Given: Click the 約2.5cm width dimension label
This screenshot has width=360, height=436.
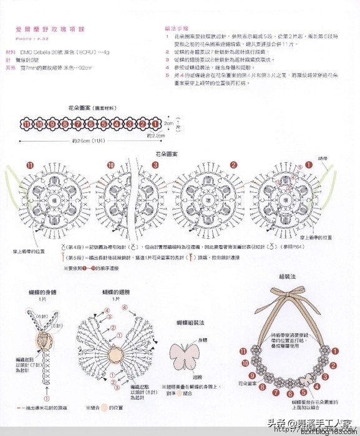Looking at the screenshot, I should point(155,135).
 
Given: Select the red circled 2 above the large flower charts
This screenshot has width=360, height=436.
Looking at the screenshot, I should point(233,165).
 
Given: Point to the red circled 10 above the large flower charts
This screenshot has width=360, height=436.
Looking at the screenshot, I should point(110,165).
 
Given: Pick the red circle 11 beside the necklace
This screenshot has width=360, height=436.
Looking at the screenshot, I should point(242,351).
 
